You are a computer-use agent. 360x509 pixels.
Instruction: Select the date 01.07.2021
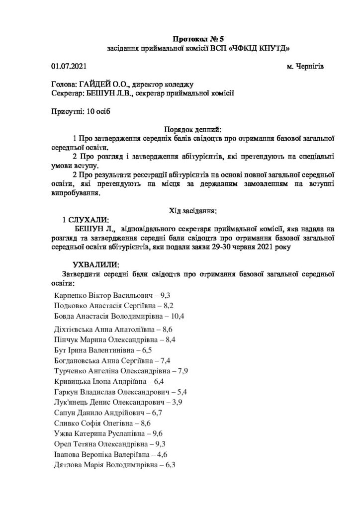click(68, 66)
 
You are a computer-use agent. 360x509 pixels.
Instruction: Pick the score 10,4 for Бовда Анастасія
click(177, 316)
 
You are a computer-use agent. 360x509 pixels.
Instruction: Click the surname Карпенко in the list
click(73, 295)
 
